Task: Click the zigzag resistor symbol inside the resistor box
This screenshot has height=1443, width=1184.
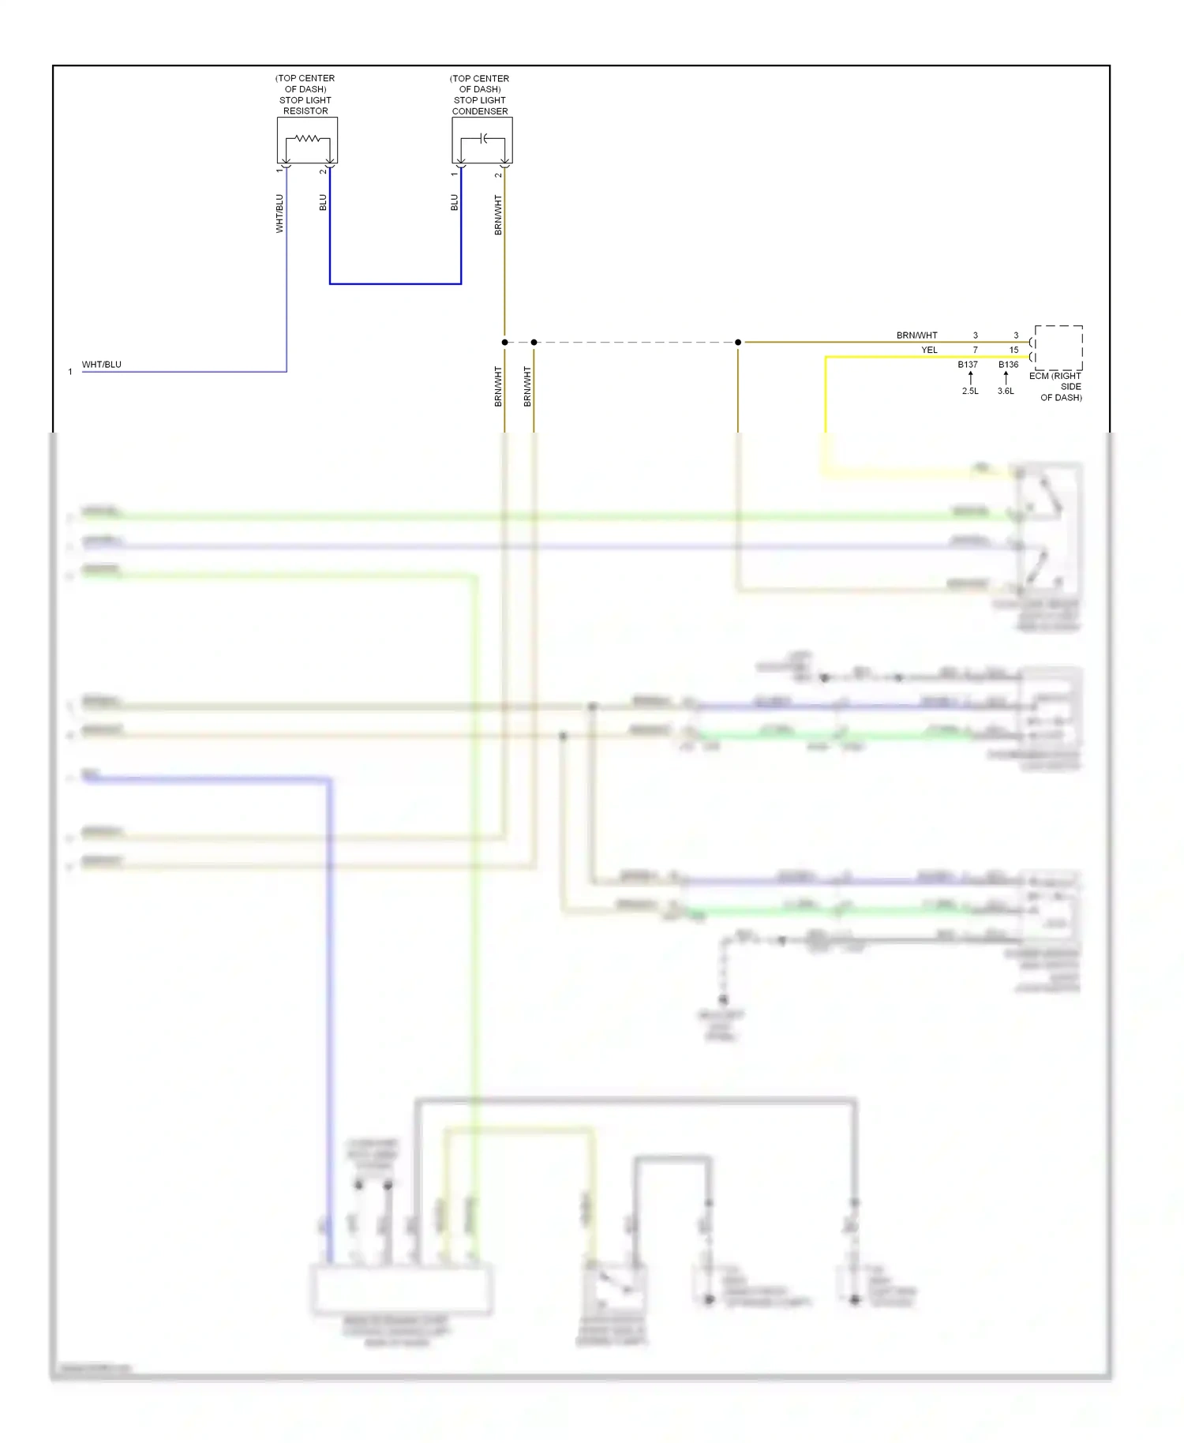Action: [307, 139]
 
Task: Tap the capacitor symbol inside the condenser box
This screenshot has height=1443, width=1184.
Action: [483, 139]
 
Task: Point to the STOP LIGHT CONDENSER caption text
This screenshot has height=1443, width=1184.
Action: [480, 106]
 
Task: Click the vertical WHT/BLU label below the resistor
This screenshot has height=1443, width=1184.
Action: [279, 214]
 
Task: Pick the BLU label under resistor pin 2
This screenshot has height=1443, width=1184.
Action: [323, 203]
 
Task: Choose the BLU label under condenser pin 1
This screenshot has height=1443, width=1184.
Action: [455, 203]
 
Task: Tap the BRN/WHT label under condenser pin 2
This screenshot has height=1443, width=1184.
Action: [498, 215]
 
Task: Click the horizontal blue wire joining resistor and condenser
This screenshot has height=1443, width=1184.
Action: [395, 283]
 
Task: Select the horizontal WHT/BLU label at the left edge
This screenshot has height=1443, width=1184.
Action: [102, 365]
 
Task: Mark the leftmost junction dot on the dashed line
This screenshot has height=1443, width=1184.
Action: [504, 343]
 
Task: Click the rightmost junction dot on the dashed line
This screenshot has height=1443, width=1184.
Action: [738, 343]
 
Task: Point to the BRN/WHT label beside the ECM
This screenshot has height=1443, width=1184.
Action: [916, 335]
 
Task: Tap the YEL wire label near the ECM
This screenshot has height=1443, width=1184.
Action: [929, 350]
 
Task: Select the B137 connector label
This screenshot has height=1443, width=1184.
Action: [968, 365]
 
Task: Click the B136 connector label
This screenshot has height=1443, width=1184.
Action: [1008, 365]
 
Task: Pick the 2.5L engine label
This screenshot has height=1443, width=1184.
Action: [970, 391]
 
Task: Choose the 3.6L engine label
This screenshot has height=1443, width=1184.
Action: [1006, 391]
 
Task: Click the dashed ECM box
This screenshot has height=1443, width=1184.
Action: [1058, 348]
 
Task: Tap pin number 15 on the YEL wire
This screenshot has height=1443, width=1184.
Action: [1014, 350]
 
